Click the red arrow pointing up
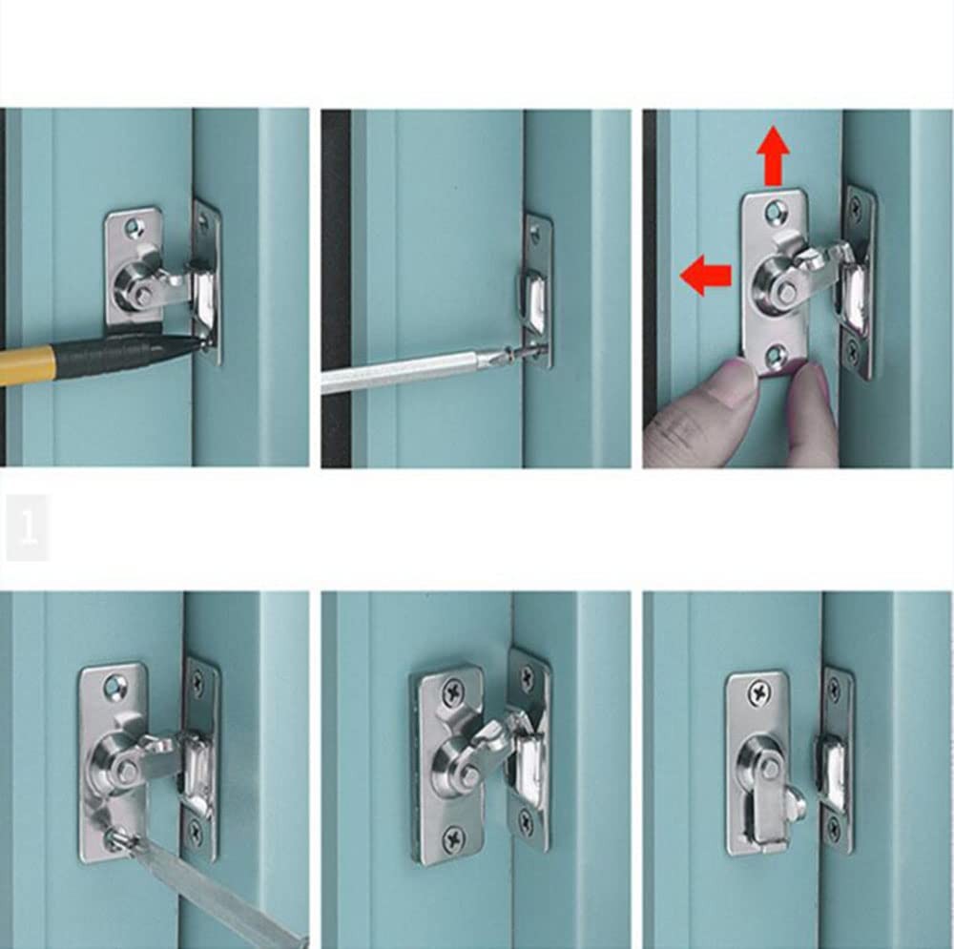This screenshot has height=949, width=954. tap(773, 156)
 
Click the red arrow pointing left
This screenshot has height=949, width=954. tap(705, 276)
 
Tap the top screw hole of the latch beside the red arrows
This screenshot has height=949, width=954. tap(777, 211)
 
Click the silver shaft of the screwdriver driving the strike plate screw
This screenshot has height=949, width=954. tap(401, 372)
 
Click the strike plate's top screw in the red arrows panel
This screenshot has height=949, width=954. tap(856, 204)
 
